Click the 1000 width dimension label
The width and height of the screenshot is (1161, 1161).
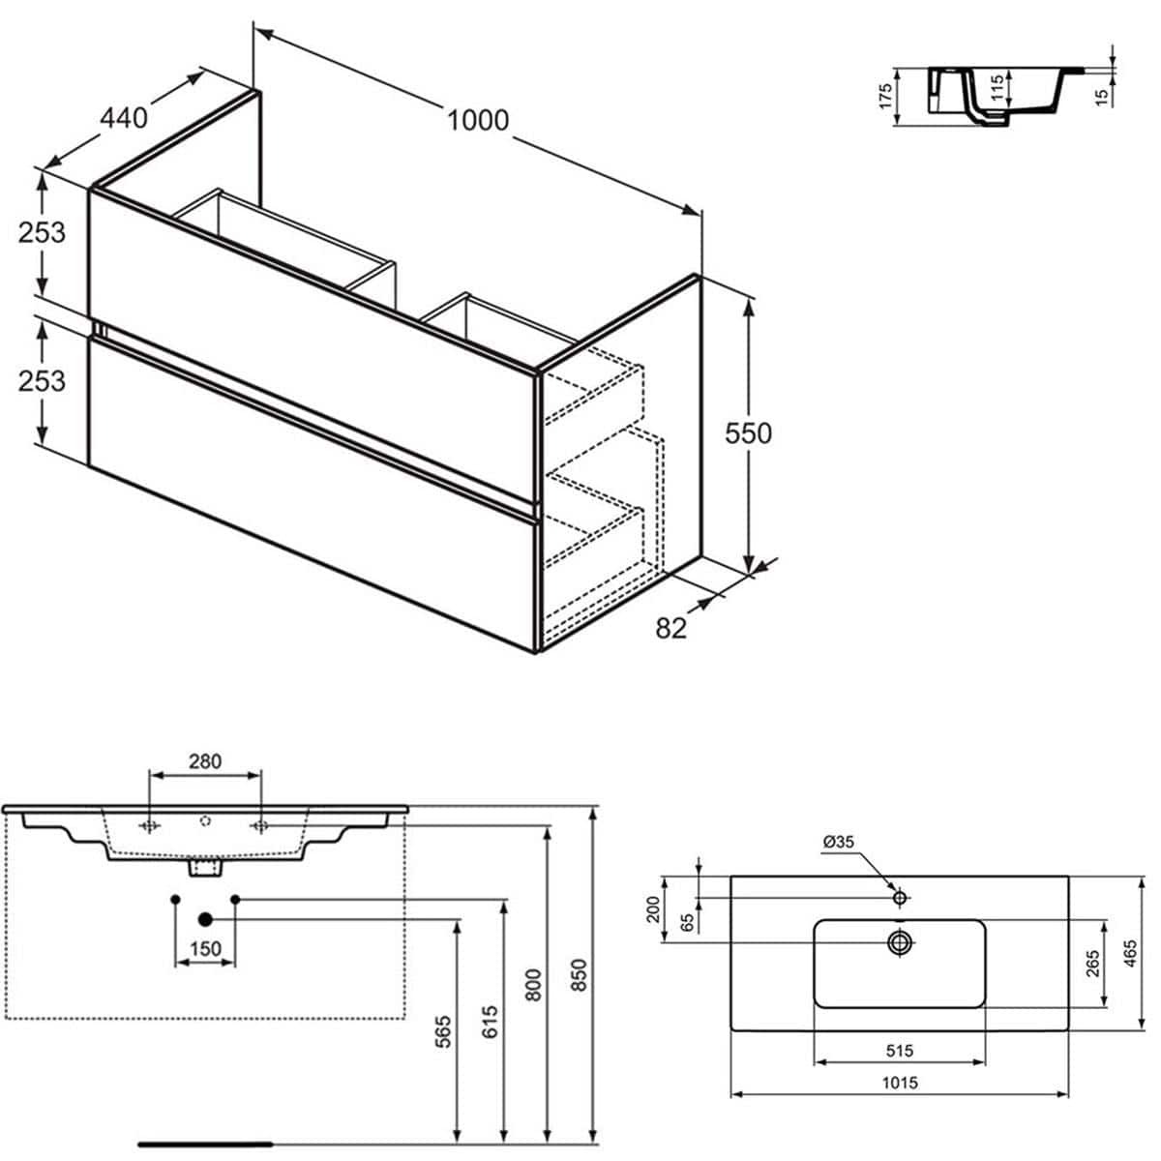coord(477,120)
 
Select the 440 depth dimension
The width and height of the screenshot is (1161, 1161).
coord(124,118)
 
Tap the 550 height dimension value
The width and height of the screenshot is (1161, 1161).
coord(749,433)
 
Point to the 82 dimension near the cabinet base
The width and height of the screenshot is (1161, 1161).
coord(670,628)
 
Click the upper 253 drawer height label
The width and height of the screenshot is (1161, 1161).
coord(42,232)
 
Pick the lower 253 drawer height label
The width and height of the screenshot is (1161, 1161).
coord(42,381)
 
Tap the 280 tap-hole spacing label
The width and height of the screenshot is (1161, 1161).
coord(204,761)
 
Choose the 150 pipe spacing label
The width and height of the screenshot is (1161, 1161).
coord(204,949)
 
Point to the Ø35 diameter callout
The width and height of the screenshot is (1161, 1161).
coord(838,842)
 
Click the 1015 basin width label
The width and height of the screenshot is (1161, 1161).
coord(899,1083)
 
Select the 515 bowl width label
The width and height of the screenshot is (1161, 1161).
coord(899,1050)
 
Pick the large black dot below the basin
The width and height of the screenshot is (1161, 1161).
coord(205,918)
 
